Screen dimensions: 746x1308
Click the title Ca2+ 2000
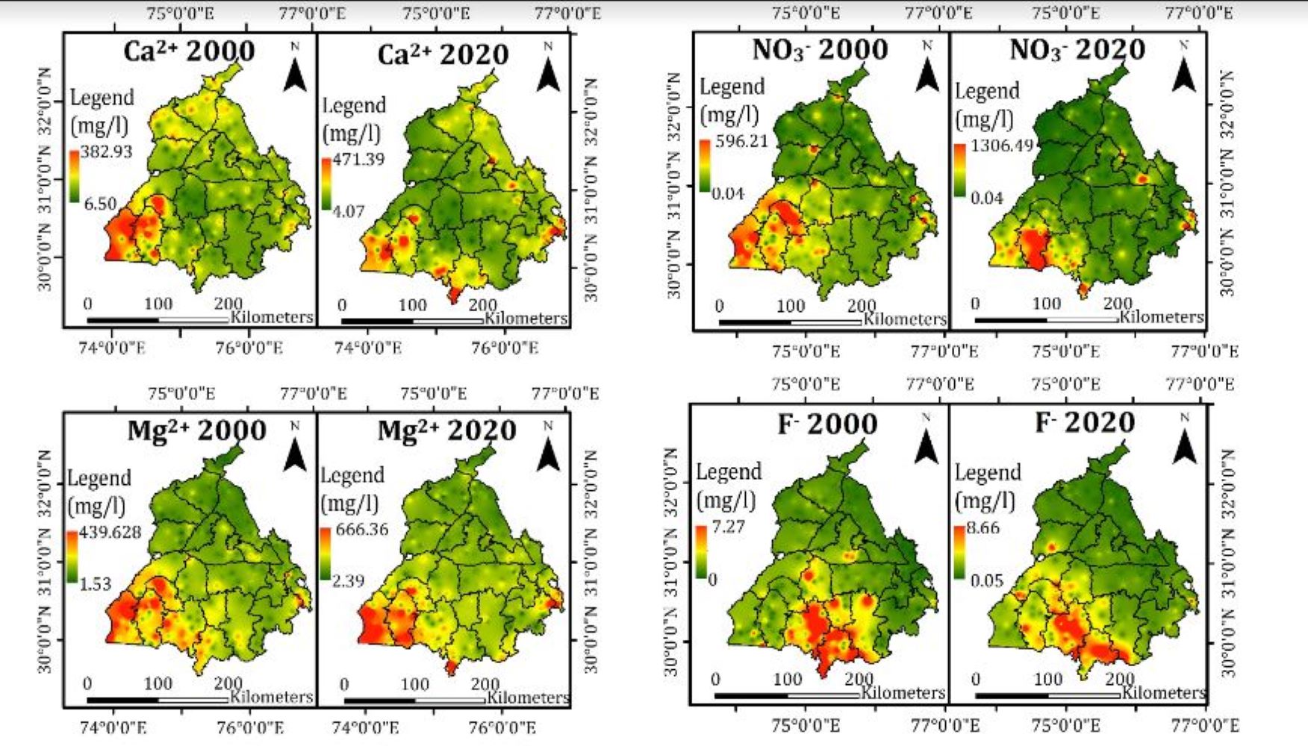[x=189, y=51]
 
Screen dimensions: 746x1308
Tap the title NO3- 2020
[x=1077, y=50]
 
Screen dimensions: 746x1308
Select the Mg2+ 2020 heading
[x=446, y=431]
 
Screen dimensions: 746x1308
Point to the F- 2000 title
[x=827, y=424]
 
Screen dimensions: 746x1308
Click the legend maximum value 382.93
[x=106, y=151]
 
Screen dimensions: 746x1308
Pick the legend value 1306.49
[x=1001, y=145]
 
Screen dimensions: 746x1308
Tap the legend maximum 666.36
[x=362, y=530]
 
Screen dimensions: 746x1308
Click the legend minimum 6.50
[x=99, y=204]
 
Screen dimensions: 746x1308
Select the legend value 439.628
[x=110, y=532]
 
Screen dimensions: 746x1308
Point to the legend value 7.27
[x=728, y=527]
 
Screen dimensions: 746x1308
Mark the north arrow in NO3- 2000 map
[x=927, y=69]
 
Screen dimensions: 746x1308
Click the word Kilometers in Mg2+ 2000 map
[x=271, y=697]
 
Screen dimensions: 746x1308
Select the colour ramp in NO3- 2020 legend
[x=959, y=171]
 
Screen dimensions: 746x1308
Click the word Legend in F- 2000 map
[x=729, y=472]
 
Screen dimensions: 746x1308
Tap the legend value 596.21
[x=741, y=141]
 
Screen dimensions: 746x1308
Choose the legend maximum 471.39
[x=358, y=159]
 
